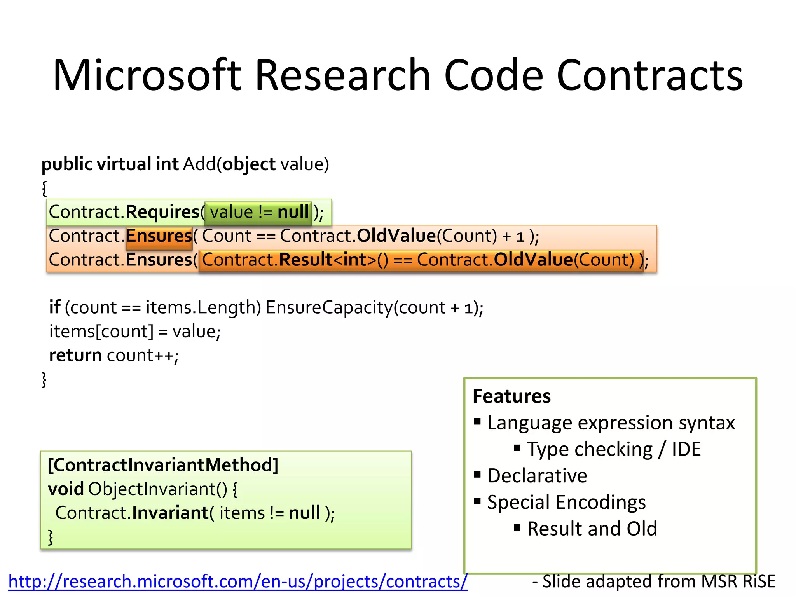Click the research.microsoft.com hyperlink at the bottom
tap(238, 581)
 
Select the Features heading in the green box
tap(511, 396)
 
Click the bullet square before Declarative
tap(478, 474)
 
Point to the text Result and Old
tap(592, 529)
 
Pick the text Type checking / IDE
tap(614, 449)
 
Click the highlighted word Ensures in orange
tap(159, 236)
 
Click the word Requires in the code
tap(162, 212)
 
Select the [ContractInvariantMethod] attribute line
tap(163, 465)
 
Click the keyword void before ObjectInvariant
tap(66, 489)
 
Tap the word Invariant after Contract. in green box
tap(170, 513)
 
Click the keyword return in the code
tap(75, 355)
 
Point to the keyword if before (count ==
tap(54, 307)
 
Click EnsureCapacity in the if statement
tap(329, 307)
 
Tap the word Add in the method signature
tap(199, 164)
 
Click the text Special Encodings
tap(566, 502)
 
